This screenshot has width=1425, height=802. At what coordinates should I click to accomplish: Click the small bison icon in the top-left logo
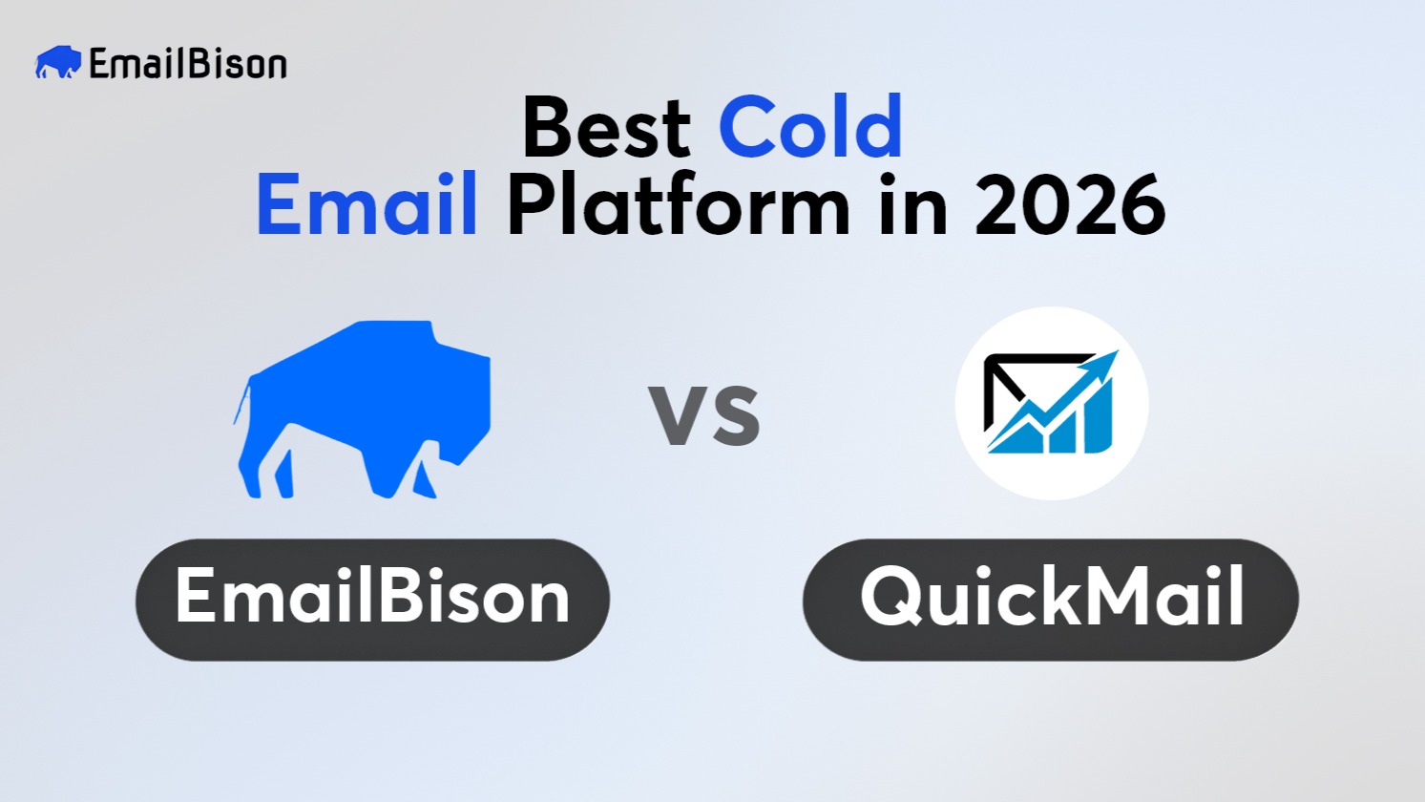(x=57, y=63)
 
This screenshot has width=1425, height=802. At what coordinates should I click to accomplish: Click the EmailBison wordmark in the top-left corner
(x=187, y=64)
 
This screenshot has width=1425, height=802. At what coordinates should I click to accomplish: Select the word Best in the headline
(x=606, y=129)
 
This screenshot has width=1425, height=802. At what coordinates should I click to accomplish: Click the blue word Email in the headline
(x=367, y=205)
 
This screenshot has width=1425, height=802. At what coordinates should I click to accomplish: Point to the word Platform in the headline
(x=678, y=206)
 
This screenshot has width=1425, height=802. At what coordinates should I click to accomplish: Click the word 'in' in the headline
(x=912, y=205)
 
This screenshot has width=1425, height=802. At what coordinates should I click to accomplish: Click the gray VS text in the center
(x=704, y=415)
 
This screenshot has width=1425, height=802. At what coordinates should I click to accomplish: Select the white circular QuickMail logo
(x=1051, y=403)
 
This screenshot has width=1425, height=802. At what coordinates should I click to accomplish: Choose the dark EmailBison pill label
(x=372, y=600)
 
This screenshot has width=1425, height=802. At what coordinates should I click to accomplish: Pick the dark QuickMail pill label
(x=1050, y=600)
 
